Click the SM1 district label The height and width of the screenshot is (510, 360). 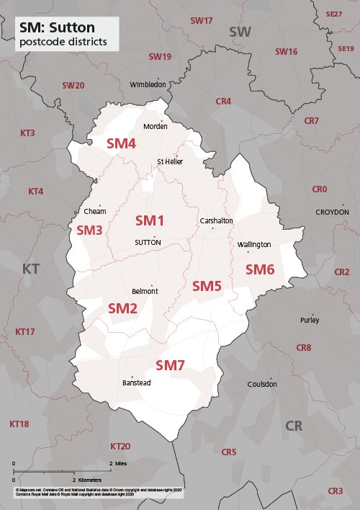click(x=150, y=220)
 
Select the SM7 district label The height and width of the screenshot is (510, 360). click(x=171, y=365)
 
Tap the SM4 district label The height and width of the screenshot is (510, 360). click(x=121, y=143)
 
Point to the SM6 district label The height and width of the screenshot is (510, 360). click(x=260, y=269)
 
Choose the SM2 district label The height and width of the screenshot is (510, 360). click(x=122, y=308)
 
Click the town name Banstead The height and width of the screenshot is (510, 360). click(x=136, y=382)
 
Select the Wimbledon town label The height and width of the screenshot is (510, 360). click(x=148, y=84)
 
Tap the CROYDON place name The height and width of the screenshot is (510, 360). click(x=332, y=212)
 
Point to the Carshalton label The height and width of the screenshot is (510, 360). click(x=216, y=221)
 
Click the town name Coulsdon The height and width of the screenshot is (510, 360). click(x=262, y=384)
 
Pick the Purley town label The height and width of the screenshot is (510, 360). click(x=310, y=320)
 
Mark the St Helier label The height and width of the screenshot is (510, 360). click(x=170, y=161)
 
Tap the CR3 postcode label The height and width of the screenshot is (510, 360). click(x=335, y=491)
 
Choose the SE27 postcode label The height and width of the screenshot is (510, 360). click(x=334, y=14)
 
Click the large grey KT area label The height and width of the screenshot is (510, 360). click(x=30, y=269)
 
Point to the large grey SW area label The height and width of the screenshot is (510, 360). click(x=240, y=32)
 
